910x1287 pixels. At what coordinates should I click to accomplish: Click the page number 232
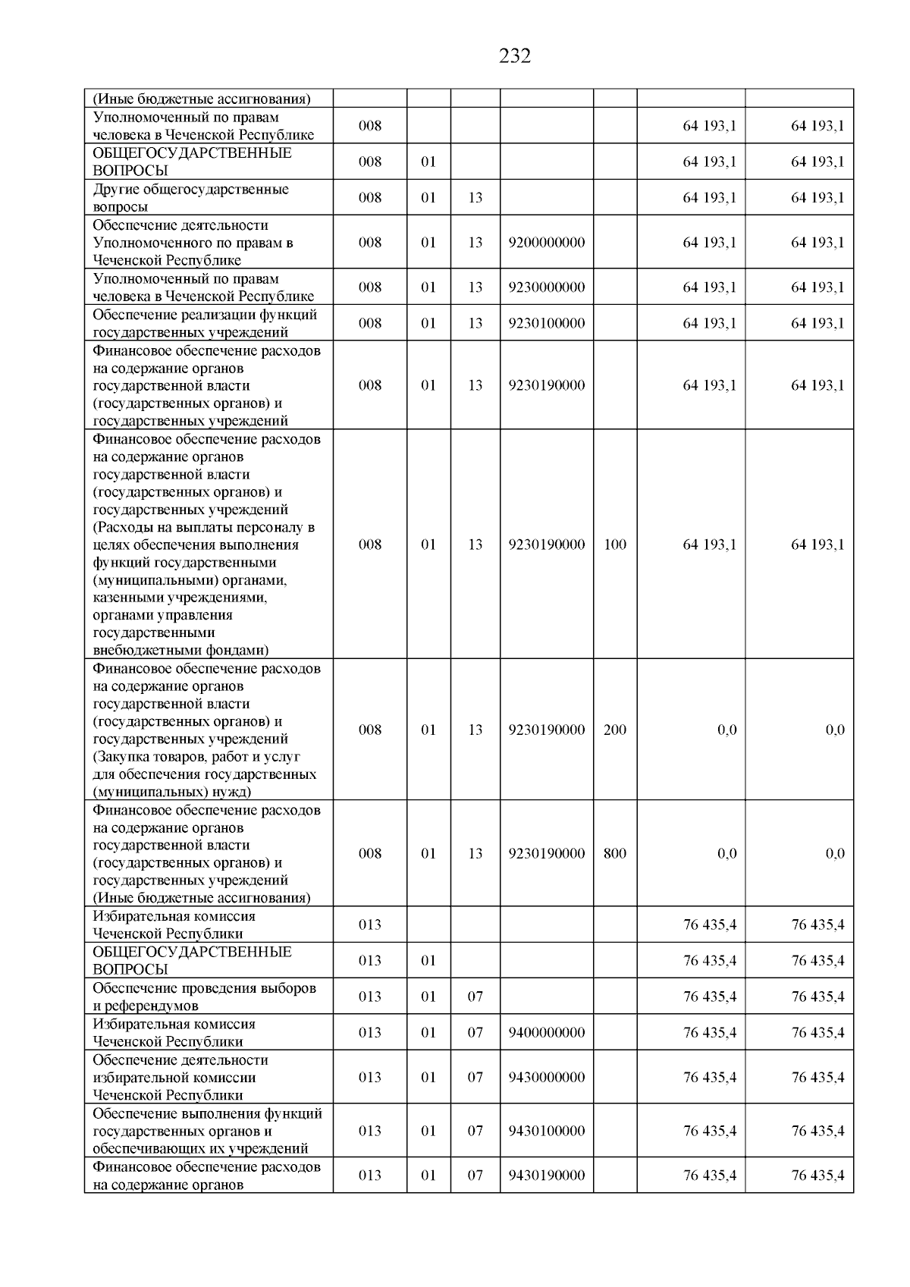(x=515, y=56)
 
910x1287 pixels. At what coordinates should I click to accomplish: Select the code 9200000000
(x=547, y=243)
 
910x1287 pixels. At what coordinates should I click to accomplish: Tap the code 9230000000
(x=547, y=287)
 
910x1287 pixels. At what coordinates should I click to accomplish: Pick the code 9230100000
(x=547, y=323)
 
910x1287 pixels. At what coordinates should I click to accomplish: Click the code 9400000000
(x=547, y=1033)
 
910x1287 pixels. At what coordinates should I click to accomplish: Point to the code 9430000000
(x=547, y=1078)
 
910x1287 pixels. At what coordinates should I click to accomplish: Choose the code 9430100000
(x=547, y=1131)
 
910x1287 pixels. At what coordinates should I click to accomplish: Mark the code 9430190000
(x=547, y=1176)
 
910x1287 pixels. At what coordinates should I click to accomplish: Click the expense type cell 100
(x=615, y=545)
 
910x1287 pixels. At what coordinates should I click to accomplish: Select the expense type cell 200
(x=615, y=730)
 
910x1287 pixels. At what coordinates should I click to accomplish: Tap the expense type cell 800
(x=615, y=854)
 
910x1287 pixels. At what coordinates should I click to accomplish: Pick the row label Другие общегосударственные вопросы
(x=190, y=198)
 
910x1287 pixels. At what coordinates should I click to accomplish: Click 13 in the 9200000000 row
(x=475, y=243)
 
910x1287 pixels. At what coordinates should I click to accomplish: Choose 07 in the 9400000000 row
(x=475, y=1033)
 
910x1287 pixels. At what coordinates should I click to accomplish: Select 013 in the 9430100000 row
(x=370, y=1131)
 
